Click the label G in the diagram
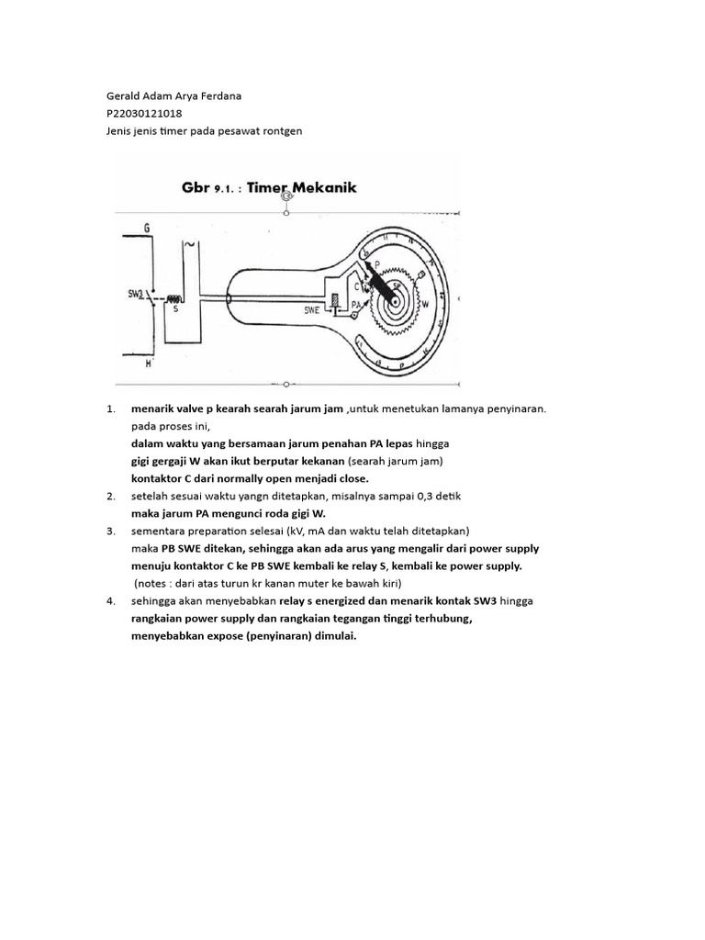point(147,227)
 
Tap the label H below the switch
point(147,364)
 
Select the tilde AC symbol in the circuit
point(189,246)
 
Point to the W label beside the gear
point(424,302)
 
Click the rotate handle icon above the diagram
point(287,196)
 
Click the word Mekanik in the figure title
point(318,187)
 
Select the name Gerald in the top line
point(127,96)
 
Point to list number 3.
point(110,532)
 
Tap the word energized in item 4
point(348,600)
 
